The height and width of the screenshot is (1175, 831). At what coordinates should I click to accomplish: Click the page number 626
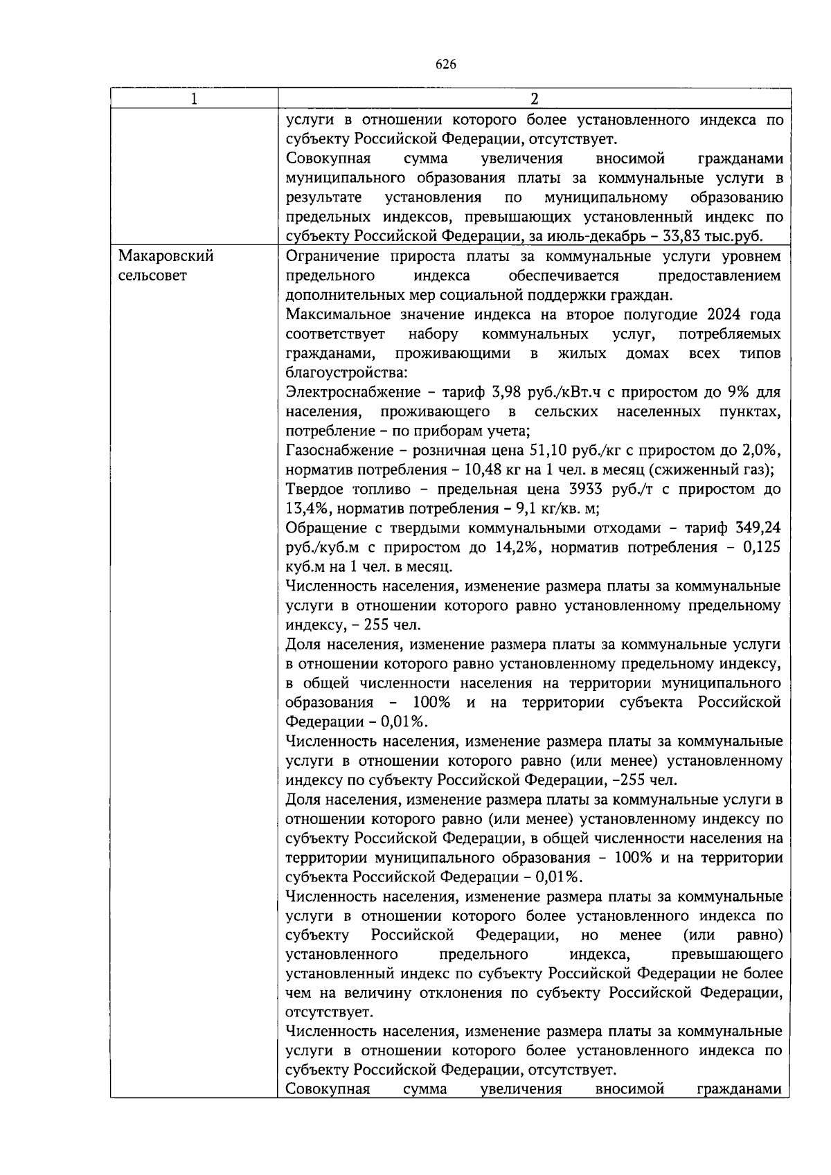click(446, 64)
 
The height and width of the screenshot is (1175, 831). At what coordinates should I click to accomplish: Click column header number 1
click(195, 98)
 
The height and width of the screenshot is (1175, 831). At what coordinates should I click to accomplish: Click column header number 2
click(534, 98)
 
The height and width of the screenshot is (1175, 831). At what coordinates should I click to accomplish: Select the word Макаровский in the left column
click(166, 256)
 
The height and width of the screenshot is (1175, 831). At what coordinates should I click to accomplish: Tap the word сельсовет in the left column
click(152, 276)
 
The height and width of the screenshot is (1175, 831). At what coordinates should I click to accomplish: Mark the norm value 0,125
click(761, 547)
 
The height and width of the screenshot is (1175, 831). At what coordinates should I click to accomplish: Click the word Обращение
click(320, 528)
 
